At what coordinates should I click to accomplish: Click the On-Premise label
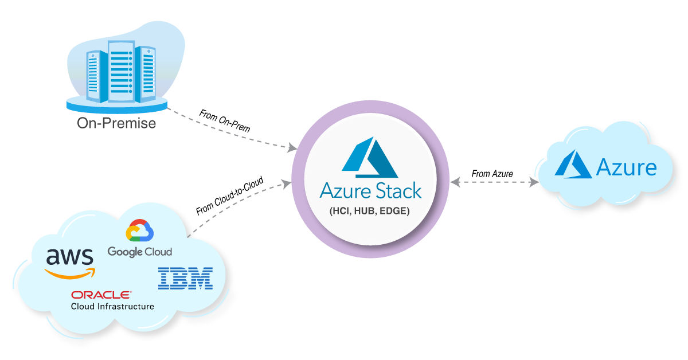[116, 123]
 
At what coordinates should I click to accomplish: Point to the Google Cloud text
[139, 252]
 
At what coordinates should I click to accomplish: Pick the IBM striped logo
[185, 278]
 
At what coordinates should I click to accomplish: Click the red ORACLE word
[100, 295]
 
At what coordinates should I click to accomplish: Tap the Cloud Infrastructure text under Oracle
[112, 307]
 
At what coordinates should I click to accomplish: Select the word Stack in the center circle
[397, 190]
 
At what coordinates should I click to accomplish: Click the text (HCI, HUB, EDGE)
[370, 211]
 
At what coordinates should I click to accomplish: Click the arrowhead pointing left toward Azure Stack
[455, 182]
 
